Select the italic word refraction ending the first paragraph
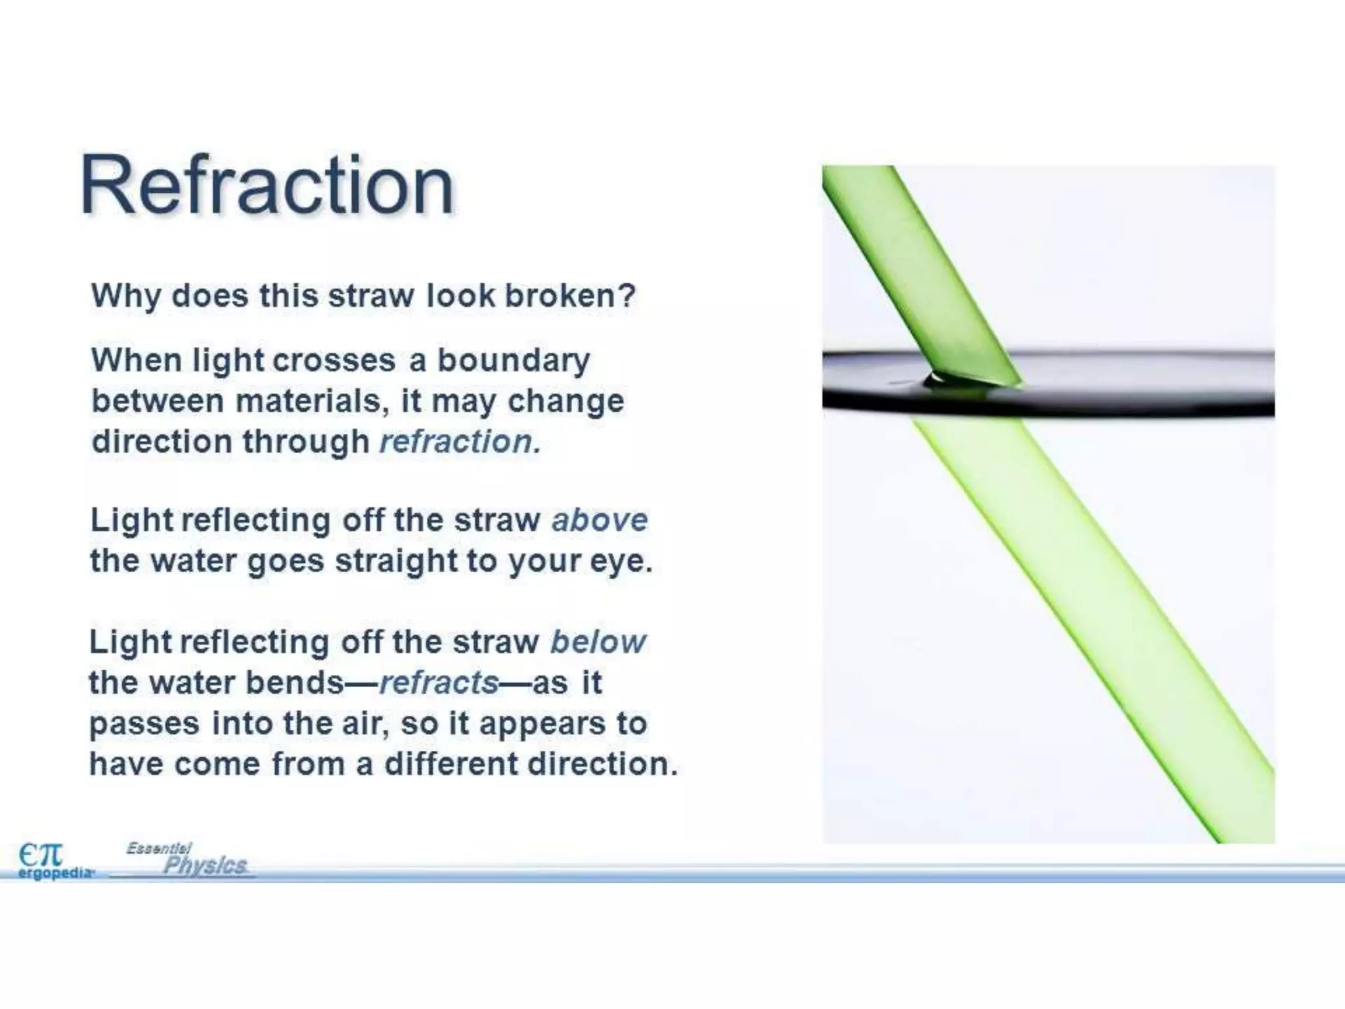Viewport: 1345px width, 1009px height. pos(460,441)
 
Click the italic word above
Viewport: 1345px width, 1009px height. pos(600,520)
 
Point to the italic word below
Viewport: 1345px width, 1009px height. pos(598,642)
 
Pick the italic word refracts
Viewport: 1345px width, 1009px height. pos(439,683)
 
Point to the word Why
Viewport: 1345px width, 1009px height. pos(125,296)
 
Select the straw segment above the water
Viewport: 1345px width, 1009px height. pos(919,276)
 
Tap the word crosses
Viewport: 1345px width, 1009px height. pos(334,361)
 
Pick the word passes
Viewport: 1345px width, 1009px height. pos(144,723)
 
